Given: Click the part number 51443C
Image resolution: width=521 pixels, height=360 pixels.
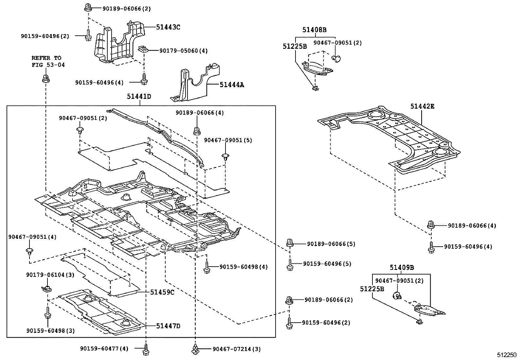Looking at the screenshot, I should click(x=168, y=27).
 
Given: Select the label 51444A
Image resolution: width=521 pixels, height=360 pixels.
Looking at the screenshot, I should click(x=232, y=85).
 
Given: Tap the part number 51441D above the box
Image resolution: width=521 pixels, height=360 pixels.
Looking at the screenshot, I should click(x=139, y=97).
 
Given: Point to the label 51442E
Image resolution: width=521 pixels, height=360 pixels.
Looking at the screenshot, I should click(x=422, y=106).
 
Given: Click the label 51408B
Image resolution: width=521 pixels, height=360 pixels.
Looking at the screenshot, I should click(x=314, y=30).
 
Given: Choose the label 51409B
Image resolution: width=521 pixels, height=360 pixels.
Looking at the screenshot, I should click(x=402, y=268).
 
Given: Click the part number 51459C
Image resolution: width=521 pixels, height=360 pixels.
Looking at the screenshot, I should click(x=162, y=292).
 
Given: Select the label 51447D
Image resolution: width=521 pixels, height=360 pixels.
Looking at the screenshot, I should click(x=168, y=326).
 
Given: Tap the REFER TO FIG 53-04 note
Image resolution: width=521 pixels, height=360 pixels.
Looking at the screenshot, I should click(x=48, y=62).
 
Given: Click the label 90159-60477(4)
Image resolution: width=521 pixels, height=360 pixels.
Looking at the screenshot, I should click(x=104, y=349).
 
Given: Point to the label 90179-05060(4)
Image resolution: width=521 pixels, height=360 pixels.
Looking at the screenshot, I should click(x=183, y=51).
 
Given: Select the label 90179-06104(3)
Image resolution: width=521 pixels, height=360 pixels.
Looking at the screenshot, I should click(x=50, y=275).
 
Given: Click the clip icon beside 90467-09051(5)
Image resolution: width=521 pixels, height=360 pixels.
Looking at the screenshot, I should click(x=225, y=156).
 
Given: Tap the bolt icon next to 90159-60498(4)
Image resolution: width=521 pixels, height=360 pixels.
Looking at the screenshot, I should click(x=206, y=267).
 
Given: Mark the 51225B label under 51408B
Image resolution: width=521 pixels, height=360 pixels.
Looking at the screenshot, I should click(x=295, y=47).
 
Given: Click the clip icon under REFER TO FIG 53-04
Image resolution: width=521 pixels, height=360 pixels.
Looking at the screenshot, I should click(x=45, y=78).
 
